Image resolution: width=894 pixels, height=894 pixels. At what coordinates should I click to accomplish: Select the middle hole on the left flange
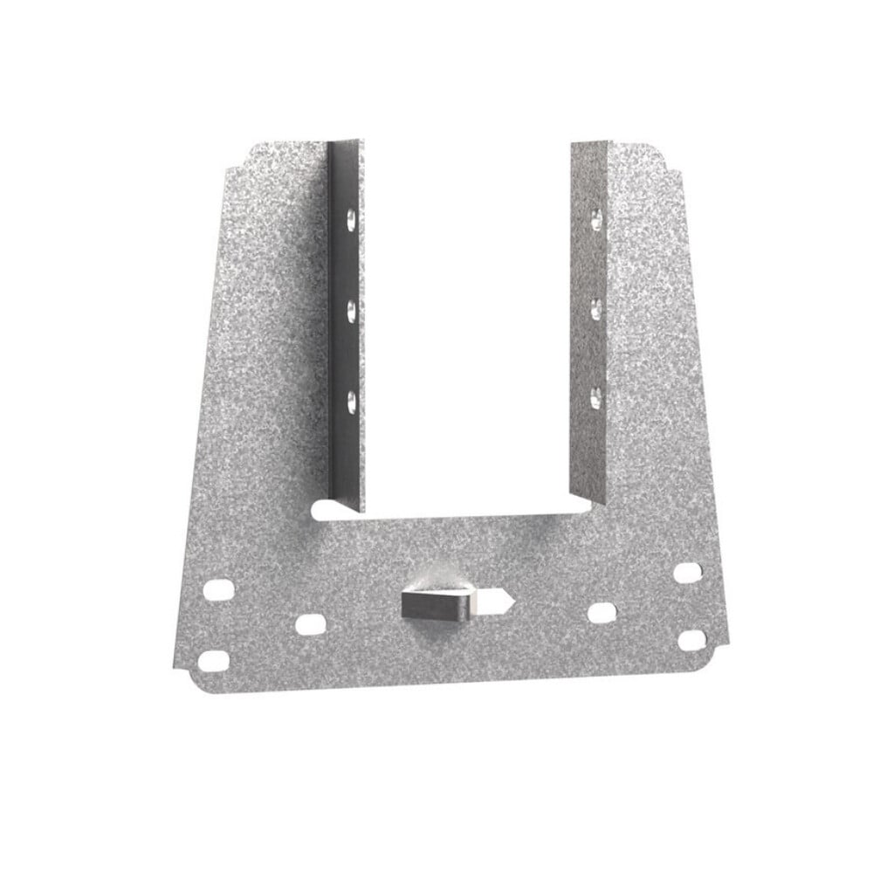click(351, 308)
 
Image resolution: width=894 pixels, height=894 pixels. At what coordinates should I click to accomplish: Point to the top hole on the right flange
click(595, 216)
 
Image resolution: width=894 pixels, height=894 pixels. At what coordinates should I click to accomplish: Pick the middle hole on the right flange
click(595, 307)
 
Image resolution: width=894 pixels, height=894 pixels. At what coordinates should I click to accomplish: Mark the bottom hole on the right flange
click(595, 397)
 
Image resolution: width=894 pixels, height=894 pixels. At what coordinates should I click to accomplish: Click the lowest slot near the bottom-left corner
click(211, 661)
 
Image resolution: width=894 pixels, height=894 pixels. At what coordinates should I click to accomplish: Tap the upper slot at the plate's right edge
click(689, 573)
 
